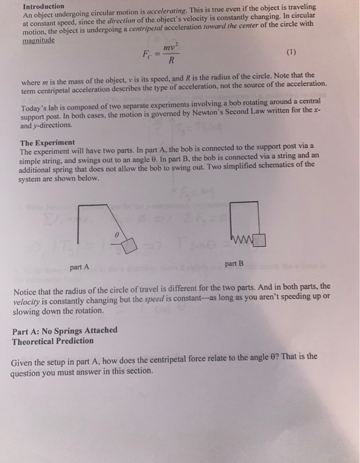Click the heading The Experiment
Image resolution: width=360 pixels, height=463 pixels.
click(x=47, y=143)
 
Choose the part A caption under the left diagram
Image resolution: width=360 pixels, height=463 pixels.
click(x=80, y=267)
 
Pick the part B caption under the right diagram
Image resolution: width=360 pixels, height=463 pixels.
click(x=234, y=264)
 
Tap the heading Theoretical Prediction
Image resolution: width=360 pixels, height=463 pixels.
click(x=53, y=341)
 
